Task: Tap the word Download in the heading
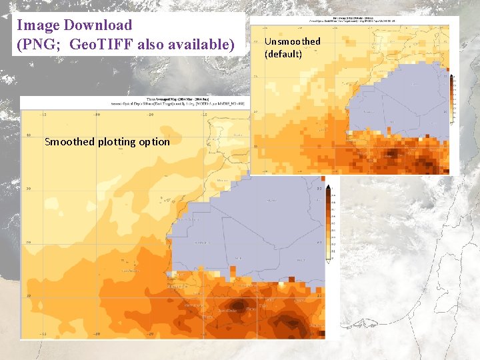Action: (98, 25)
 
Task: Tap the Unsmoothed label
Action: (292, 41)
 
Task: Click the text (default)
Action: (283, 53)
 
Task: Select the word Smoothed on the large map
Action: (69, 141)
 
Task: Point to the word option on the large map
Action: (155, 141)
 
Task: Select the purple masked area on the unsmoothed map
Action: (400, 100)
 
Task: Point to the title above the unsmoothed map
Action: (353, 19)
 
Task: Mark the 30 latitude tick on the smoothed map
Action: (27, 189)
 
